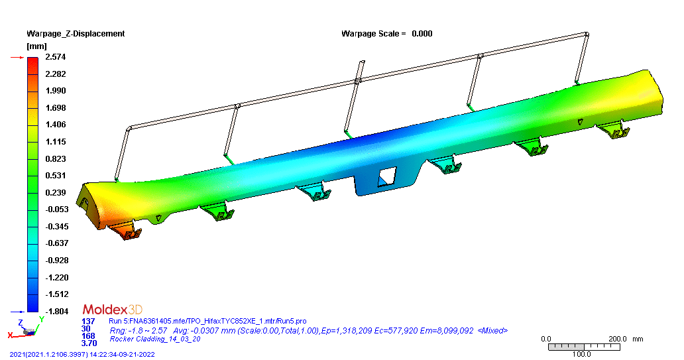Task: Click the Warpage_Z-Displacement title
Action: (x=75, y=33)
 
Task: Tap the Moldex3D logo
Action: (x=112, y=310)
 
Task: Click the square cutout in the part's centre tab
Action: (x=386, y=176)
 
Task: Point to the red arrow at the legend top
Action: (x=17, y=58)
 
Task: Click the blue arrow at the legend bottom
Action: (x=17, y=311)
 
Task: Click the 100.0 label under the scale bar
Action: (x=581, y=354)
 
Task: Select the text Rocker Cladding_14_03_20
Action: (x=154, y=339)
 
